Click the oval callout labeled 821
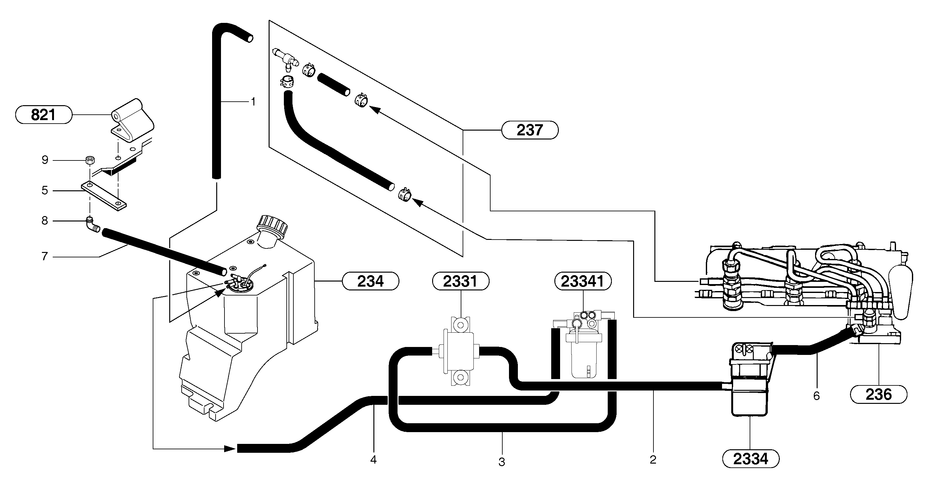(43, 115)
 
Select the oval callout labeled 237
(530, 130)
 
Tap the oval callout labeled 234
(371, 281)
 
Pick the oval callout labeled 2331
(461, 281)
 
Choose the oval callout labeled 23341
(583, 281)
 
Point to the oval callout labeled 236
(878, 394)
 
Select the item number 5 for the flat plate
(45, 190)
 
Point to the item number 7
(45, 256)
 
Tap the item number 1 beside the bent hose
(253, 102)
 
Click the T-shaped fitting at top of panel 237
(285, 58)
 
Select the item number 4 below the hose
(374, 460)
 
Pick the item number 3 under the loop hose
(502, 462)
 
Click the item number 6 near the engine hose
(817, 396)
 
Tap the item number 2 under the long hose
(653, 460)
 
